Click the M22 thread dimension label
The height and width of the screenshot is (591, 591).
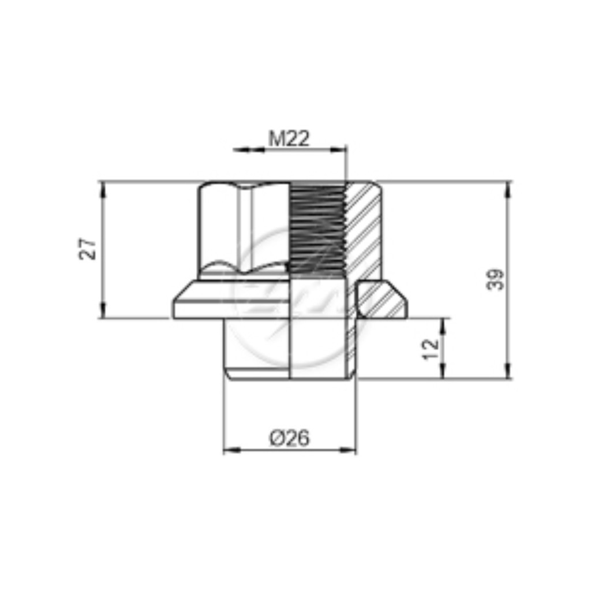pyautogui.click(x=289, y=139)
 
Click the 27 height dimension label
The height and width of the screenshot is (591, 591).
pyautogui.click(x=88, y=248)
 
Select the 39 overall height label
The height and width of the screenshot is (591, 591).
pyautogui.click(x=495, y=279)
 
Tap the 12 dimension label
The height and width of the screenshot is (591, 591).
pyautogui.click(x=431, y=349)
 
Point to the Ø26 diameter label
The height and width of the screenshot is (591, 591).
pyautogui.click(x=290, y=438)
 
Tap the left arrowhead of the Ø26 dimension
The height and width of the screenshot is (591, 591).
pyautogui.click(x=232, y=450)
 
